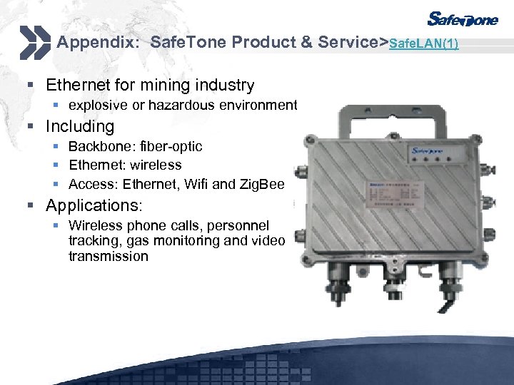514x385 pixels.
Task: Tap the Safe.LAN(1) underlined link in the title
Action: pos(424,43)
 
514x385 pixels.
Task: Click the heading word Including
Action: pos(80,126)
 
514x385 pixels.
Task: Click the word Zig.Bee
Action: pos(263,185)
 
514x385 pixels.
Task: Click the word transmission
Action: pos(109,256)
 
